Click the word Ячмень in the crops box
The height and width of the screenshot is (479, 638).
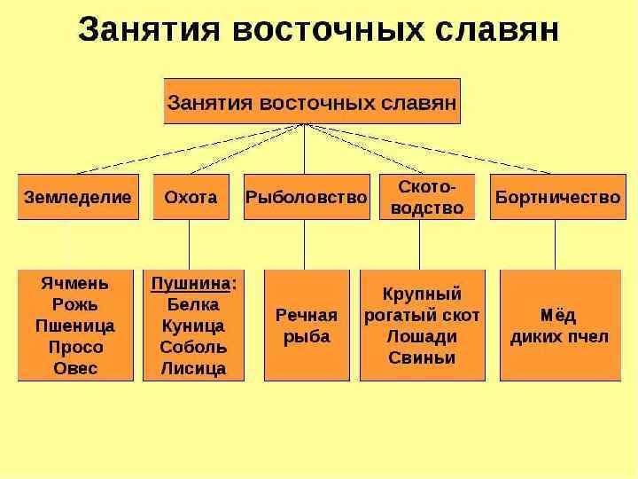[x=74, y=284]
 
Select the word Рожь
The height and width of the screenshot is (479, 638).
[x=74, y=305]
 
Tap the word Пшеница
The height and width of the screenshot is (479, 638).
[x=74, y=326]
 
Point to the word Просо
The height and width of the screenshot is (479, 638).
[x=74, y=347]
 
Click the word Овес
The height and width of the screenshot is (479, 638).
[x=74, y=368]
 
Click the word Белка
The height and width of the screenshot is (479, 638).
[x=192, y=305]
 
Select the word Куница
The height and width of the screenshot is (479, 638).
[x=192, y=326]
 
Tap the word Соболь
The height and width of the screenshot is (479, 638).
[x=192, y=347]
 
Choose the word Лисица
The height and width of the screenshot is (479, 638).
[x=192, y=368]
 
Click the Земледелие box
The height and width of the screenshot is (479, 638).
[x=77, y=198]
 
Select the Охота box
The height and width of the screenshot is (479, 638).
[x=191, y=198]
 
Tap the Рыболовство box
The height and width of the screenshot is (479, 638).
[x=306, y=198]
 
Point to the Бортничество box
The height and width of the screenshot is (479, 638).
[x=557, y=198]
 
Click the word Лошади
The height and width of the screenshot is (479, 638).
[x=422, y=337]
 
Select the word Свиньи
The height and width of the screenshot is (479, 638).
[x=422, y=358]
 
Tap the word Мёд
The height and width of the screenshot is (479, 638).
[x=558, y=316]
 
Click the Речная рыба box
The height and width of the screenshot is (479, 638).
[x=307, y=326]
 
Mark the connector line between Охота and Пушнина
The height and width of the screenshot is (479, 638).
[x=190, y=244]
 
